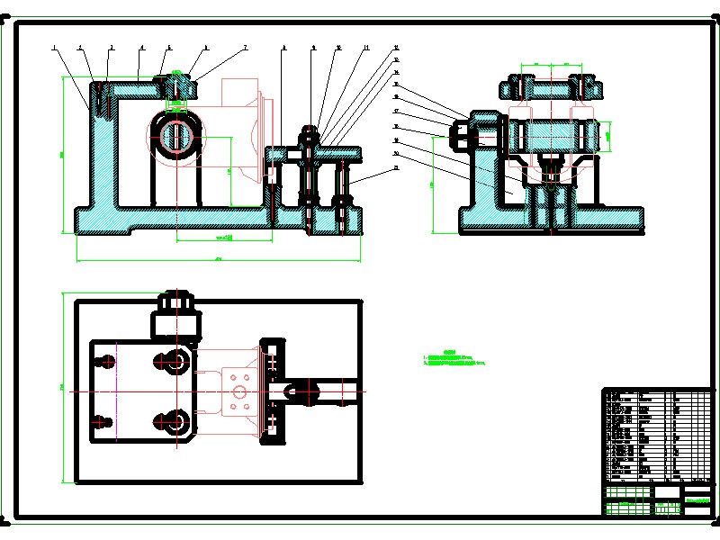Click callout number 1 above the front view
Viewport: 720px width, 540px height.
coord(54,47)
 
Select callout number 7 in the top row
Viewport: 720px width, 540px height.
coord(244,47)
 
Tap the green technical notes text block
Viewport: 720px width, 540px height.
coord(454,357)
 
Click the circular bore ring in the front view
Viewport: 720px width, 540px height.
coord(177,135)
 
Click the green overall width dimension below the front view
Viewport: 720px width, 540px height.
coord(219,260)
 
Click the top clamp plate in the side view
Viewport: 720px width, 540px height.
coord(550,89)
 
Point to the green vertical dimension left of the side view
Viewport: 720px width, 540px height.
coord(434,184)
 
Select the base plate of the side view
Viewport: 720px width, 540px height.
coord(551,219)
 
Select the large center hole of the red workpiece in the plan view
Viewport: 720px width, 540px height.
coord(238,391)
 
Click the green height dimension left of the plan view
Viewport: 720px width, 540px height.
coord(61,387)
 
